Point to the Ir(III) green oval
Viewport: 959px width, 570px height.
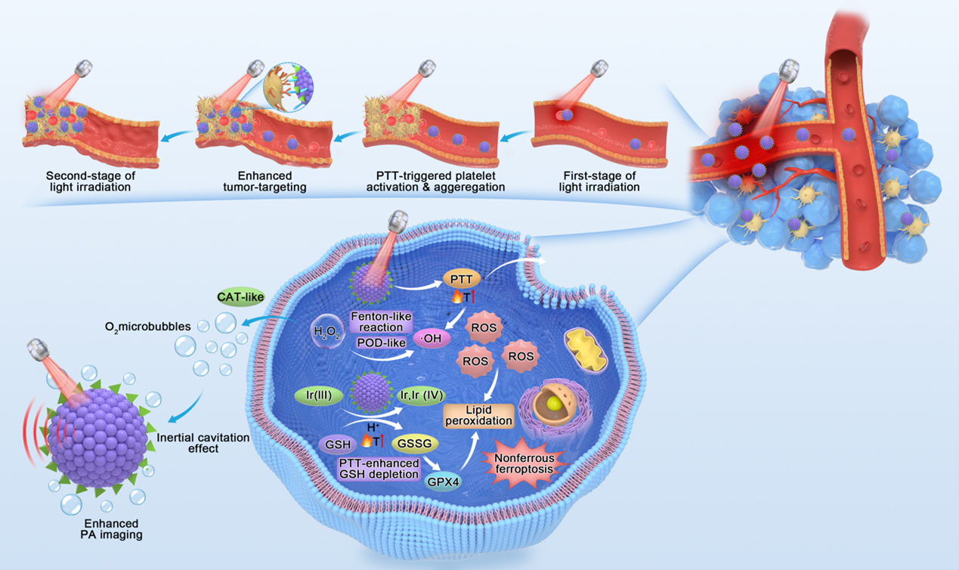coord(319,395)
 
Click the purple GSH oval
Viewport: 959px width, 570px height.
coord(337,444)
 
